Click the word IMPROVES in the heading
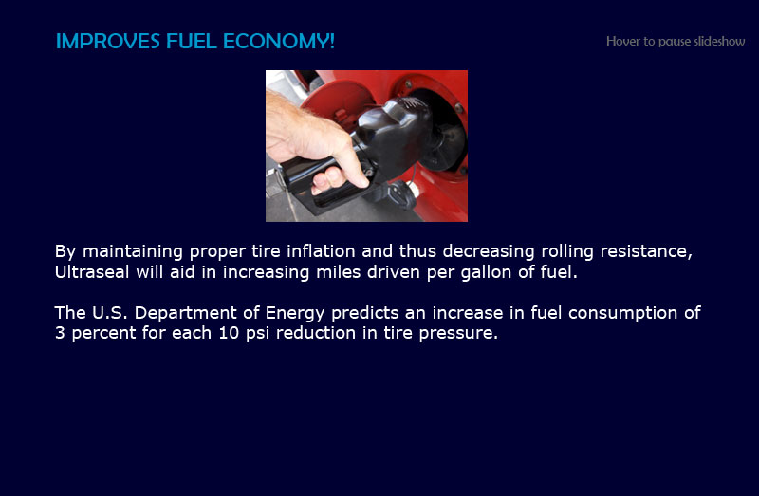point(107,41)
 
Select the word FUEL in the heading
point(192,41)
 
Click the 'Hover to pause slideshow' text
point(676,41)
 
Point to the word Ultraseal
point(92,272)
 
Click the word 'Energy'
point(295,314)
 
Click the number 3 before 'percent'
point(60,333)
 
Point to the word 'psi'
point(257,334)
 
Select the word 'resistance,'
point(646,251)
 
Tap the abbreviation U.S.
point(110,313)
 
